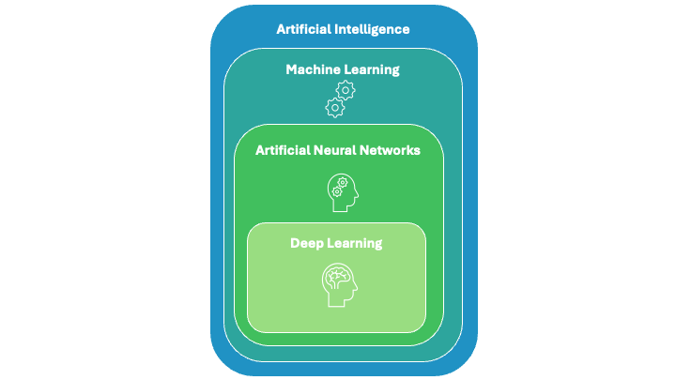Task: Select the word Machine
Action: (x=315, y=69)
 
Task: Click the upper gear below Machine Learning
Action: (x=346, y=90)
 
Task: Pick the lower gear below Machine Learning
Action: (x=334, y=107)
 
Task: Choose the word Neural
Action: (x=346, y=149)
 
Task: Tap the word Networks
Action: (x=395, y=149)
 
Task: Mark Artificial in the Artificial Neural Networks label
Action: (x=285, y=149)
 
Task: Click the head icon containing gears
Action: (x=341, y=192)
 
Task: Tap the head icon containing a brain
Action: (x=339, y=284)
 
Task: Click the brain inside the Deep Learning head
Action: (x=337, y=278)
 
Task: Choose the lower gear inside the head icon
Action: (x=335, y=191)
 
